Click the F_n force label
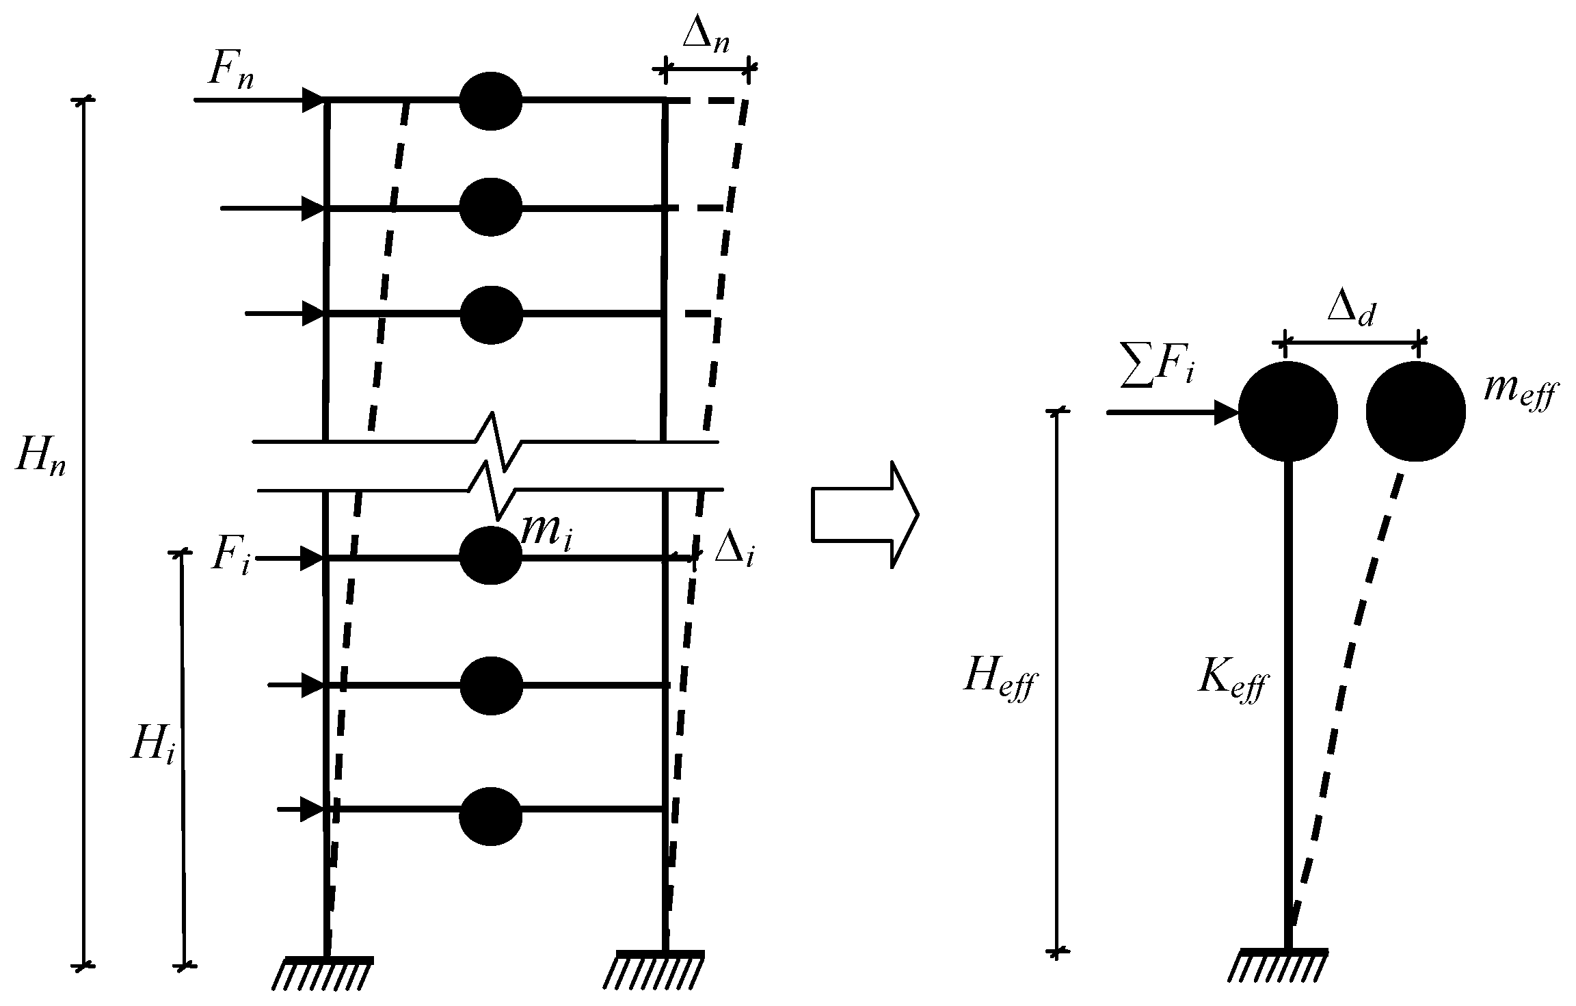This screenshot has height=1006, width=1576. click(x=230, y=70)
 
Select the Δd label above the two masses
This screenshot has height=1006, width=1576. click(x=1350, y=311)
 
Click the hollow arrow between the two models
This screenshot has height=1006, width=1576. click(x=864, y=514)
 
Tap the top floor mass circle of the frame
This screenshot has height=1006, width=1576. click(x=490, y=101)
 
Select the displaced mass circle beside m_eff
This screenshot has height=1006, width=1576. click(x=1415, y=412)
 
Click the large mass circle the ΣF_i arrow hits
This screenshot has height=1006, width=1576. click(x=1287, y=412)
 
